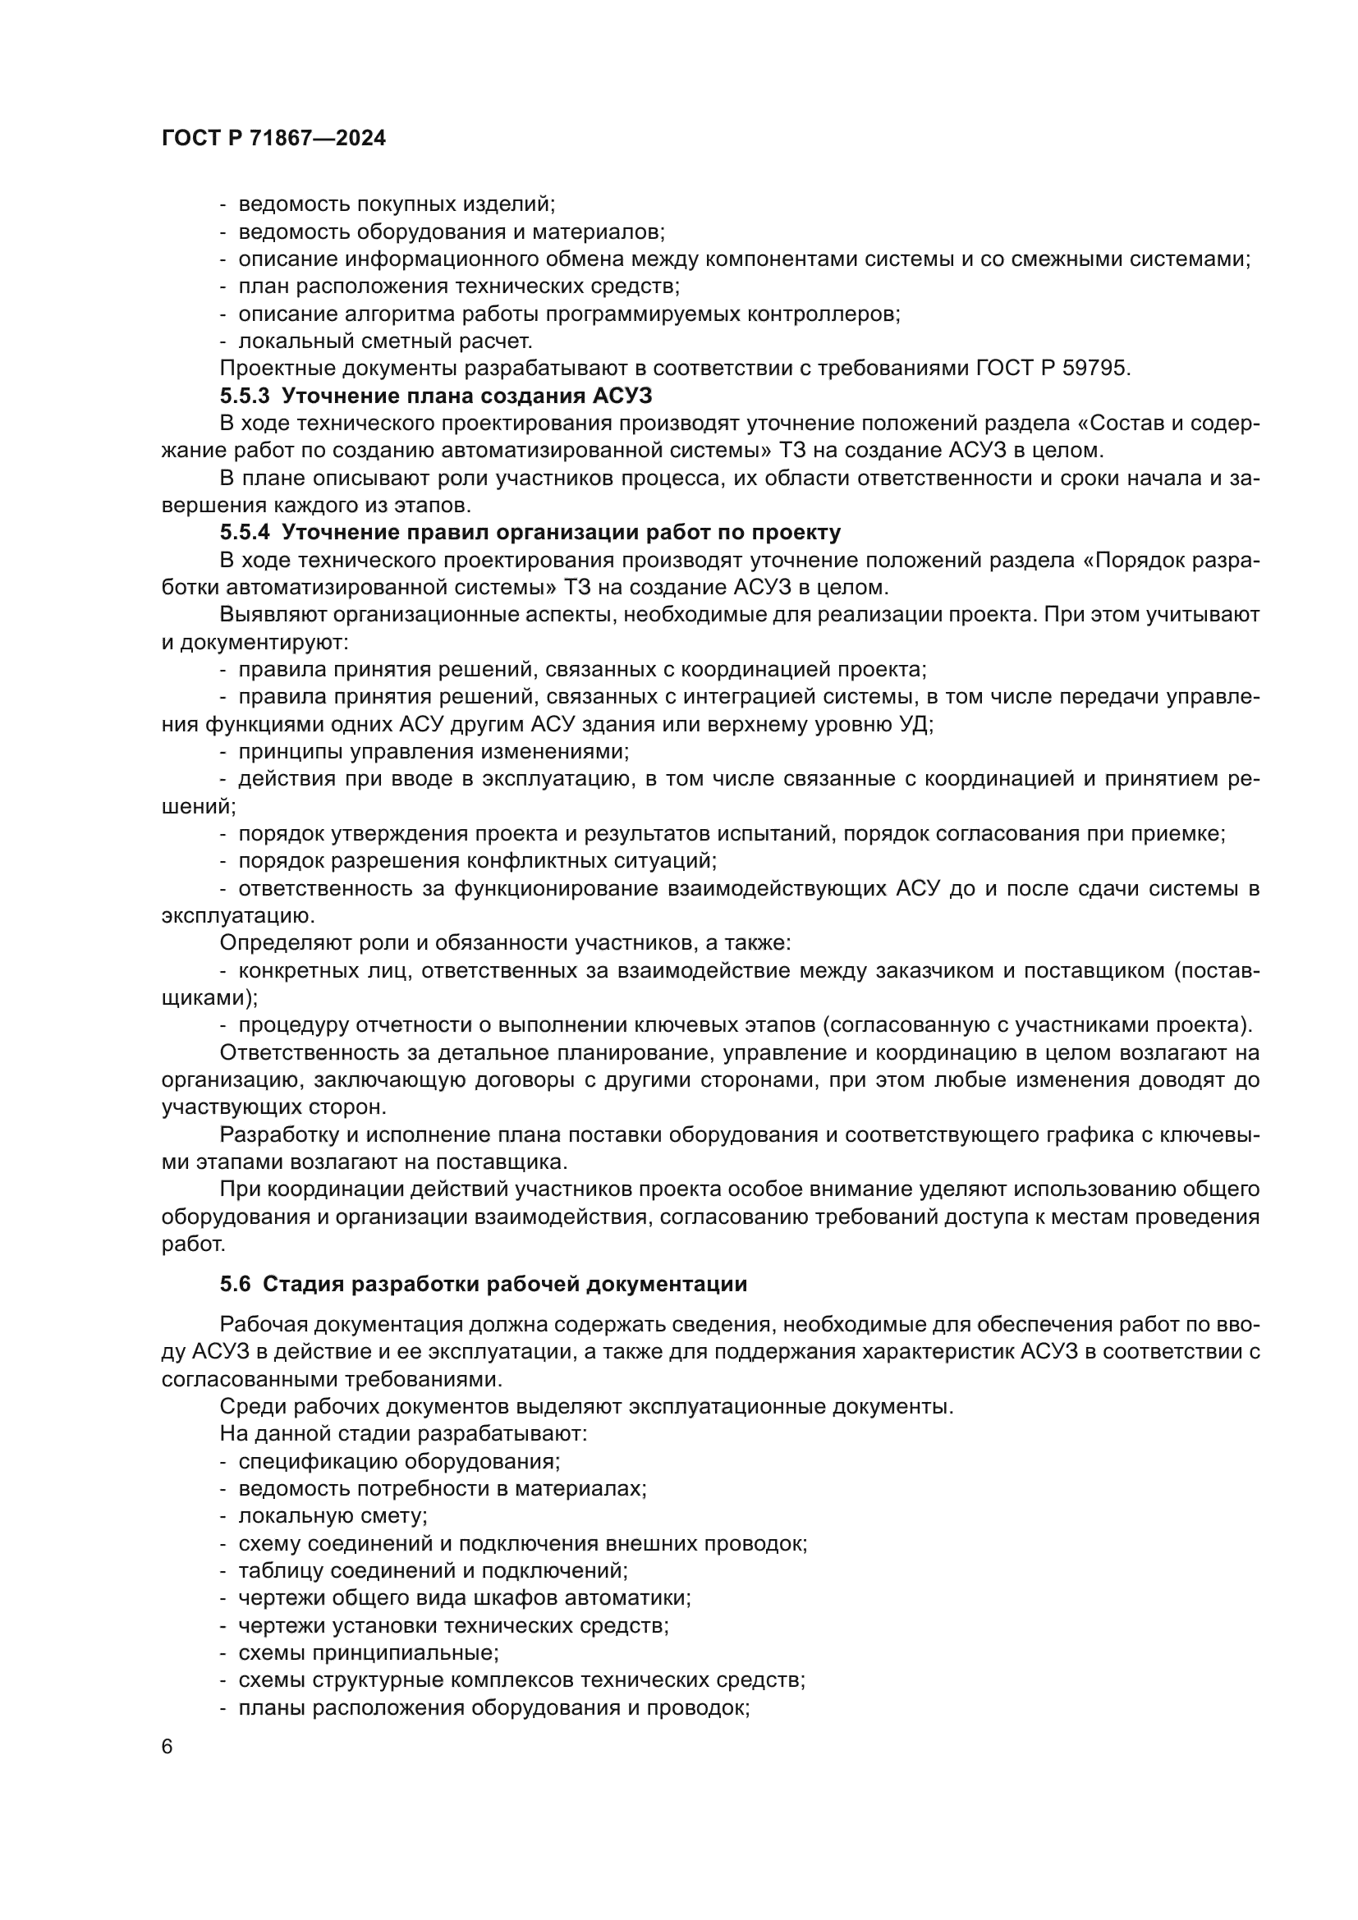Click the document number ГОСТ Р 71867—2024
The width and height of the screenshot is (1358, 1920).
[x=273, y=139]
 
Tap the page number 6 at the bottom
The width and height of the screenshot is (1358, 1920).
[x=167, y=1747]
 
